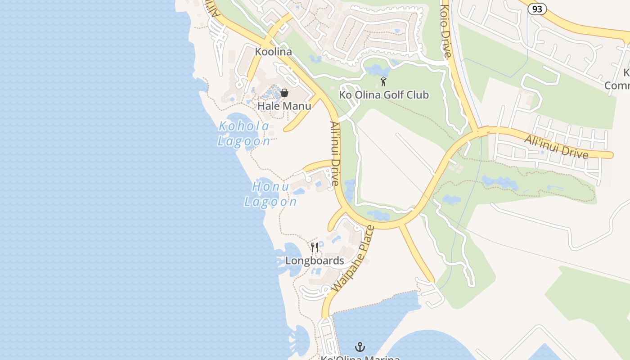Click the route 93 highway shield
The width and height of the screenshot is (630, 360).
[537, 9]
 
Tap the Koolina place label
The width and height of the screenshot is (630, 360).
[273, 52]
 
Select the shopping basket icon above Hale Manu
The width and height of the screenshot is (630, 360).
[284, 93]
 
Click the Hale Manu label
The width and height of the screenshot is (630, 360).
[284, 106]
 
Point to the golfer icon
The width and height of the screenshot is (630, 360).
[383, 81]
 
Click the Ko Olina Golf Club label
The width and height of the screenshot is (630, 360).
[384, 95]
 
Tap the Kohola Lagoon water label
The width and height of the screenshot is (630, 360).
[244, 134]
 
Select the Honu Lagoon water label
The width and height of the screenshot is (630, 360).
[270, 194]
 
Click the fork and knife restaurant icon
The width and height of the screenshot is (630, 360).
[315, 247]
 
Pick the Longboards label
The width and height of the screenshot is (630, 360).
[315, 261]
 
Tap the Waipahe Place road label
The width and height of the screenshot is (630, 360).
[353, 259]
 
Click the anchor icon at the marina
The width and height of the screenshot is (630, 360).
[360, 347]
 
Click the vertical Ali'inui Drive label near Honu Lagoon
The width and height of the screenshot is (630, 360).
[334, 153]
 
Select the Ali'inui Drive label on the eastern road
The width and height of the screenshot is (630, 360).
[556, 147]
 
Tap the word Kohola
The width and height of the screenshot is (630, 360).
[244, 126]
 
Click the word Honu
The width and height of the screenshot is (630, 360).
[270, 186]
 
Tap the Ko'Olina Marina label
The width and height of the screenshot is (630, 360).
[360, 358]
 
